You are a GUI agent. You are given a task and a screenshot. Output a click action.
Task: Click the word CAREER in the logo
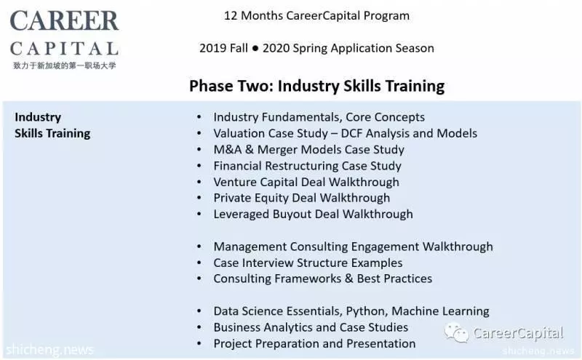coord(64,21)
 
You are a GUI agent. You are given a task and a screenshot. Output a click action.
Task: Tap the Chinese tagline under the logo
coord(65,65)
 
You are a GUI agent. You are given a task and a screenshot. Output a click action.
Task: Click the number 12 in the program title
coord(231,16)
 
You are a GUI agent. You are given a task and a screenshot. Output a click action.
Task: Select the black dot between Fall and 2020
coord(255,48)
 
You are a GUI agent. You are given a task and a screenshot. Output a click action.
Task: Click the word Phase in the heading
coord(212,86)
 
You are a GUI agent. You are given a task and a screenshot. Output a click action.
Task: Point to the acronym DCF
coord(351,133)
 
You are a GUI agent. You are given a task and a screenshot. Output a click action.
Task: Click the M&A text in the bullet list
coord(226,150)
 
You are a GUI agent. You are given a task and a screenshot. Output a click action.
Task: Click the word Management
coord(250,247)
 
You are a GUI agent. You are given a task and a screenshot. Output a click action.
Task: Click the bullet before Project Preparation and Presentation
coord(199,344)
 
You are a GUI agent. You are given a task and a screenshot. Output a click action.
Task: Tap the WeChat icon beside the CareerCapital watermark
coord(457,332)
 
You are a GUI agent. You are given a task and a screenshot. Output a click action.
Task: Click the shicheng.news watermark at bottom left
coord(49,350)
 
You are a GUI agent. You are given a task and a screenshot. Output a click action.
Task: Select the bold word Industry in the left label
coord(38,117)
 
